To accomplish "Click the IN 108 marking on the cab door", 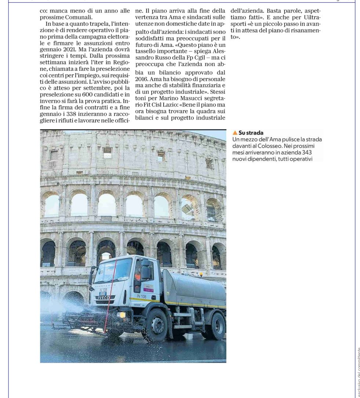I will pyautogui.click(x=142, y=296).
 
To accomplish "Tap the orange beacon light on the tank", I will pyautogui.click(x=200, y=274).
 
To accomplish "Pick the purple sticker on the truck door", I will pyautogui.click(x=148, y=288).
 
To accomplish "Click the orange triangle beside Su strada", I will pyautogui.click(x=235, y=133).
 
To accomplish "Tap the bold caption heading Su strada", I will pyautogui.click(x=251, y=133).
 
